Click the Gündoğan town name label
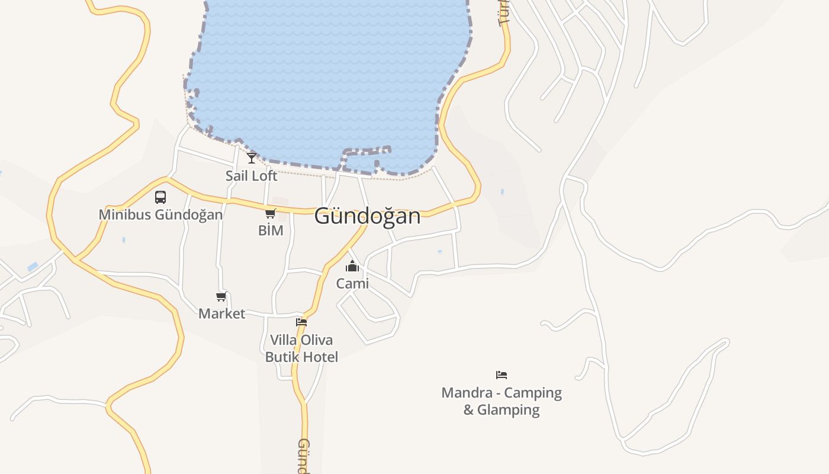pos(367,216)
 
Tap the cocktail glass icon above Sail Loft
pos(252,158)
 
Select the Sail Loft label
pos(251,176)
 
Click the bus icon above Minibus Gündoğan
pos(160,197)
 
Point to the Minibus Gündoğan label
pos(160,214)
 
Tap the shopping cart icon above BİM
pos(271,213)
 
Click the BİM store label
pos(271,230)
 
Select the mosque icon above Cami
pos(352,266)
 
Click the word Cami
pos(352,284)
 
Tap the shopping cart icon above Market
pos(221,296)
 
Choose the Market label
pos(221,313)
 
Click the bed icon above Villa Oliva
pos(301,322)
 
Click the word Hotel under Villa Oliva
pos(319,357)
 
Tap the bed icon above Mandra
pos(502,374)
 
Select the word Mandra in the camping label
pos(467,393)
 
